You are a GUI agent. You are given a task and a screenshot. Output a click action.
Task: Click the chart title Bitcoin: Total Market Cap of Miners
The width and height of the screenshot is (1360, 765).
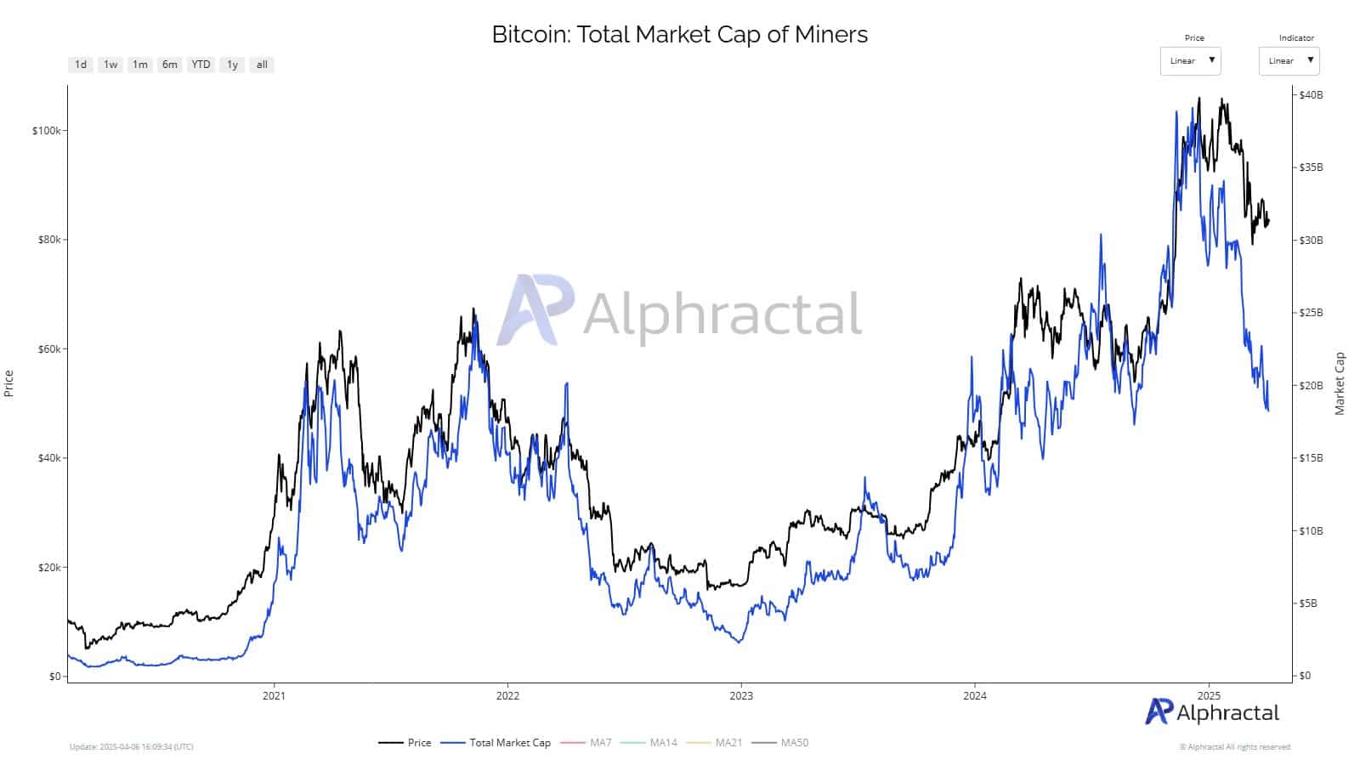[679, 34]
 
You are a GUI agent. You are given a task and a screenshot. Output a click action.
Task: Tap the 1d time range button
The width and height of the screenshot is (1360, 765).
[81, 65]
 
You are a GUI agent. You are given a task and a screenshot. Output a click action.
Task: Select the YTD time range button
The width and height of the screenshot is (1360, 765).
[201, 65]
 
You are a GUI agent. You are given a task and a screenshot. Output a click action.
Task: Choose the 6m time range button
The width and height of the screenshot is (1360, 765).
[170, 65]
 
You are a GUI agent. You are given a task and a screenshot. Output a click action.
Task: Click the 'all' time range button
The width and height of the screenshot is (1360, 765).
[262, 65]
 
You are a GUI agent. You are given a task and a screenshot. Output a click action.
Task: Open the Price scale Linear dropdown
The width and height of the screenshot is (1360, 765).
[1190, 61]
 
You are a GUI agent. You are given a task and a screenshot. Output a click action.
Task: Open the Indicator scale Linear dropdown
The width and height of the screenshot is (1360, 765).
[1289, 61]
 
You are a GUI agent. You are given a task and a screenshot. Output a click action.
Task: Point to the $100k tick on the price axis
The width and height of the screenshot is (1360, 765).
[46, 131]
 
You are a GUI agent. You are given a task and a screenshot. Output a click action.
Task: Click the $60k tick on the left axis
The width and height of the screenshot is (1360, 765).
[48, 349]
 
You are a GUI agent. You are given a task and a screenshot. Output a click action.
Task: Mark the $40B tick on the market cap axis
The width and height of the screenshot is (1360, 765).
[1311, 95]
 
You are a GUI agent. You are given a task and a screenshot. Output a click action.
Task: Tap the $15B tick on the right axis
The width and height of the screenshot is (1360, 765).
[1311, 458]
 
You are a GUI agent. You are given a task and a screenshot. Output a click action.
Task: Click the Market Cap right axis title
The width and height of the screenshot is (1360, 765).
[1340, 383]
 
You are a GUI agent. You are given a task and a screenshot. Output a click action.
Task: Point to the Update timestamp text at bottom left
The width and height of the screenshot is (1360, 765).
[132, 747]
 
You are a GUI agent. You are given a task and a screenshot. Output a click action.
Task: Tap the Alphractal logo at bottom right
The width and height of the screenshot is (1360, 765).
[1211, 712]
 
